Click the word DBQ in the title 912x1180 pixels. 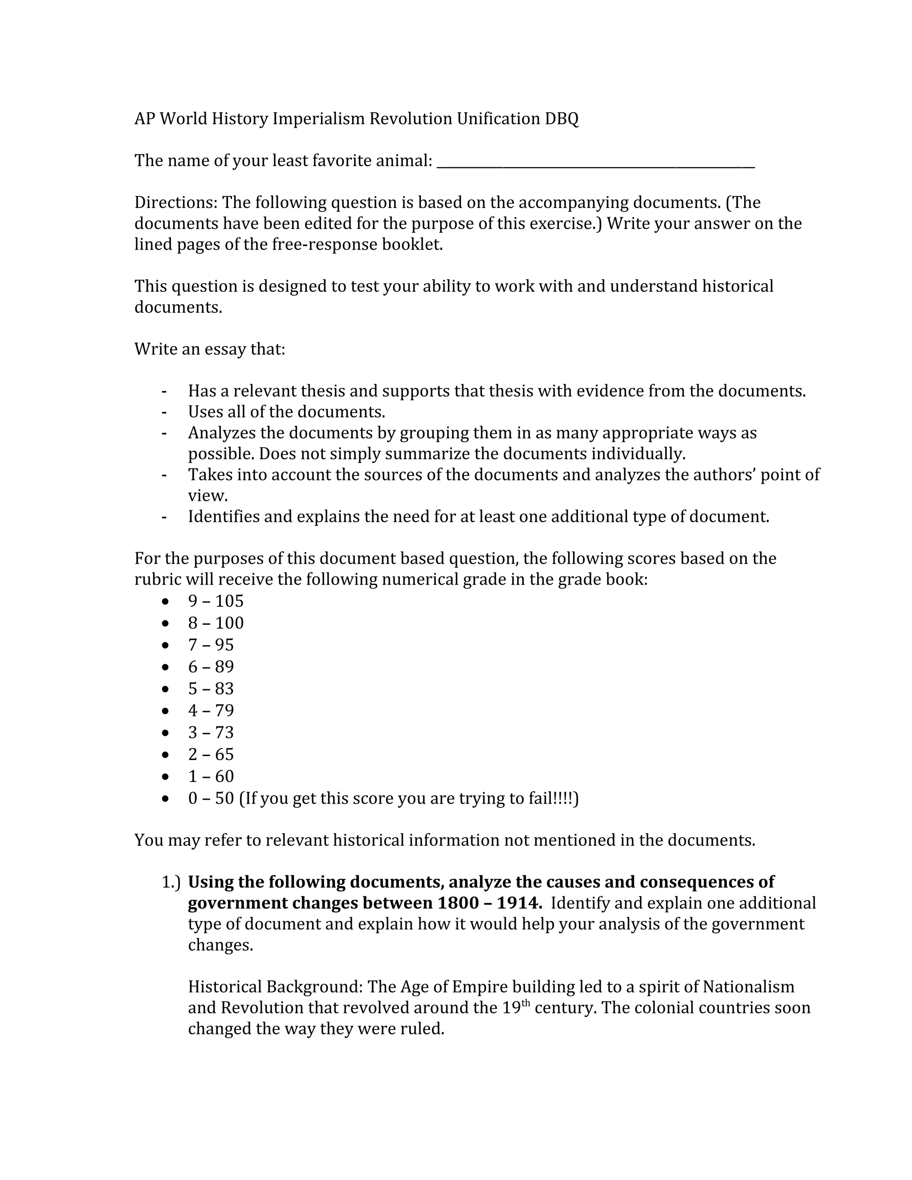tap(562, 119)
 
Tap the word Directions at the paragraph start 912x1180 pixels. tap(175, 203)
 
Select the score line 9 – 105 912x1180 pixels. tap(216, 601)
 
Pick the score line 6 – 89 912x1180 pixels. tap(211, 667)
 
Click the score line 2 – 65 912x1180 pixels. tap(211, 754)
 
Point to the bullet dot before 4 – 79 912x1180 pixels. tap(165, 711)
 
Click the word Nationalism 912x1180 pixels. tap(748, 987)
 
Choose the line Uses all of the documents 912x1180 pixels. tap(286, 412)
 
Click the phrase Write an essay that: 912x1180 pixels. tap(210, 349)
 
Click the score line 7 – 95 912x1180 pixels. tap(211, 645)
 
